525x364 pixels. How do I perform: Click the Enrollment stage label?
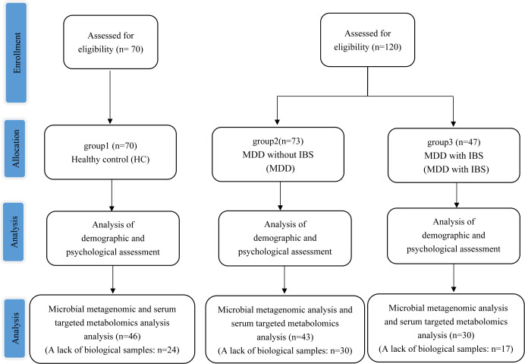click(16, 53)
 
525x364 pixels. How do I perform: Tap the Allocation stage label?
click(15, 148)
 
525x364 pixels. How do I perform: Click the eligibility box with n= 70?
click(111, 42)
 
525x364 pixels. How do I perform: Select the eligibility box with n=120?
click(368, 40)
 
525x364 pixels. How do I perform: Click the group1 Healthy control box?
click(111, 152)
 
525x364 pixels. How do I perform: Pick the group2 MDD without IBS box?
click(278, 154)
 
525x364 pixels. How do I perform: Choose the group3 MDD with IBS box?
click(454, 155)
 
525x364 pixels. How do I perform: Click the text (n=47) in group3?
click(468, 142)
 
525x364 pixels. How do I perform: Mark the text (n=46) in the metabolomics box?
click(128, 336)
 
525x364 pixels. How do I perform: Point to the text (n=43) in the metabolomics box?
click(300, 337)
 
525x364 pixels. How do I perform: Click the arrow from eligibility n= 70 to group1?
click(110, 97)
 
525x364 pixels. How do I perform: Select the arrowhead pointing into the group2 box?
click(277, 122)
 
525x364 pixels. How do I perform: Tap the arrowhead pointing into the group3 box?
click(454, 123)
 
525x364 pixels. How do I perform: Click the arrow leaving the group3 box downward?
click(457, 195)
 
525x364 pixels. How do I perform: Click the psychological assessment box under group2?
click(285, 238)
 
